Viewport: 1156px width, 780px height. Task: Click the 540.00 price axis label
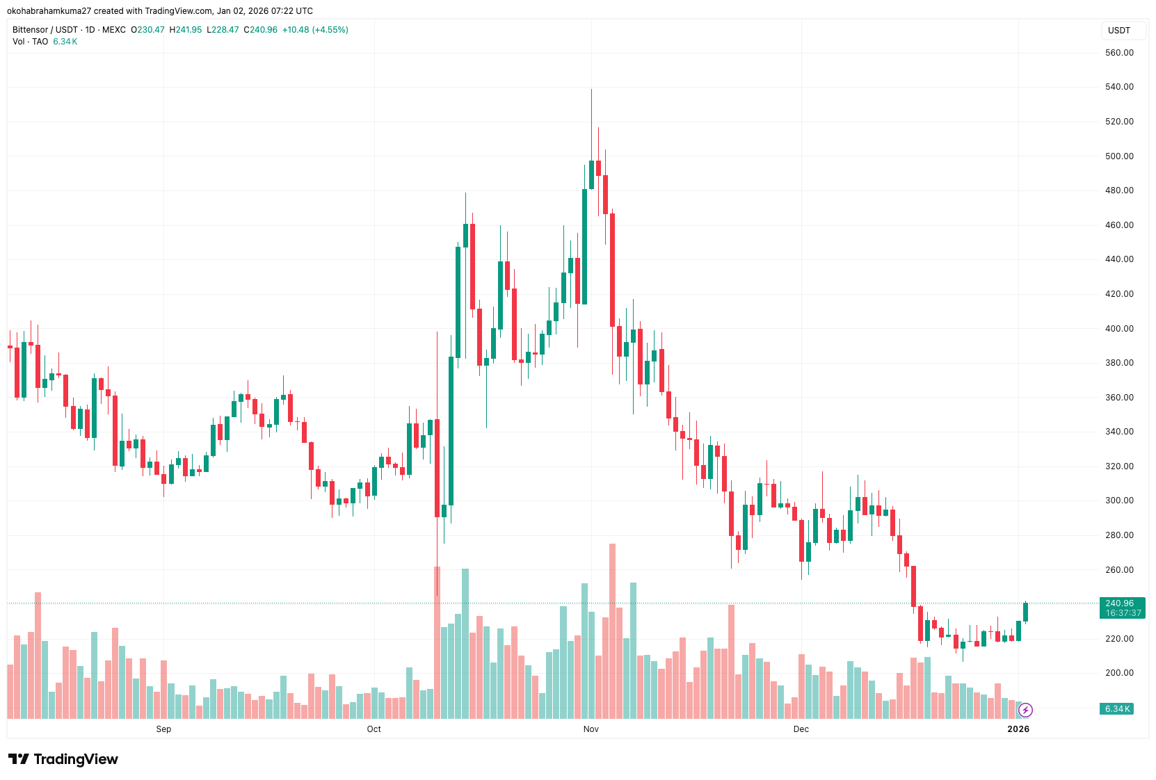click(x=1118, y=87)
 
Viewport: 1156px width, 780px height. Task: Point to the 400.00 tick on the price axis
click(x=1118, y=328)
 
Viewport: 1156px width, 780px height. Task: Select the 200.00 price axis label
click(x=1118, y=673)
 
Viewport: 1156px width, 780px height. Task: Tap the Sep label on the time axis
click(x=163, y=729)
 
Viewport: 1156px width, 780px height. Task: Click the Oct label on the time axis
click(x=374, y=729)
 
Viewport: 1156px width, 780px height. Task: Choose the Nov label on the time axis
click(x=591, y=729)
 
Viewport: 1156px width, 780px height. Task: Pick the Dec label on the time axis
click(x=801, y=729)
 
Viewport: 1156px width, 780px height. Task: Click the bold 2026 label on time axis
click(x=1018, y=729)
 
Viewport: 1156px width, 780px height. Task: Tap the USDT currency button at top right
click(x=1119, y=31)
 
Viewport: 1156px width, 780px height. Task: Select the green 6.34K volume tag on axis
click(x=1117, y=708)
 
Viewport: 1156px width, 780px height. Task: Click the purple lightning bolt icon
click(x=1025, y=710)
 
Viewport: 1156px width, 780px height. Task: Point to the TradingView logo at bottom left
click(x=63, y=759)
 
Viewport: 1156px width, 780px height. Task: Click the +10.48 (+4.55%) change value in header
click(x=315, y=30)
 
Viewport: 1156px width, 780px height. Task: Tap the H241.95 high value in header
click(x=186, y=30)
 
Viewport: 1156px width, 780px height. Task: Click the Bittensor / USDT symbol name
click(x=45, y=30)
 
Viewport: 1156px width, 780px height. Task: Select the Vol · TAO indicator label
click(x=30, y=42)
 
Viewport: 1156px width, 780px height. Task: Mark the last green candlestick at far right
click(x=1025, y=612)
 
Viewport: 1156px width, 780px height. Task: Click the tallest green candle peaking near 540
click(x=591, y=174)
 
